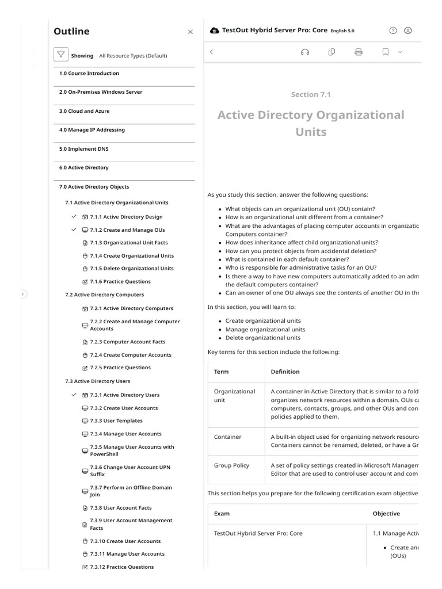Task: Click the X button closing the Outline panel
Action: click(x=190, y=32)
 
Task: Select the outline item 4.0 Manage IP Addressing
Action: click(x=92, y=130)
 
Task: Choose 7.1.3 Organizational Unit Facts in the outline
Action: click(x=129, y=243)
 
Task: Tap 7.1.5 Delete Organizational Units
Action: click(x=131, y=269)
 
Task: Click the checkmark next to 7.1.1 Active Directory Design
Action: click(x=74, y=217)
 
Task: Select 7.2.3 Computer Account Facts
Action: click(x=127, y=342)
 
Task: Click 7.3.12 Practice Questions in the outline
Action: click(x=121, y=567)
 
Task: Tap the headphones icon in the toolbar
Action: click(x=305, y=52)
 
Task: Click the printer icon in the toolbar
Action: click(x=359, y=52)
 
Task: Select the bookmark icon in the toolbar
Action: click(x=386, y=52)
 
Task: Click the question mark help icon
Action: click(x=393, y=30)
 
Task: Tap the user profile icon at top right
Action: click(x=408, y=30)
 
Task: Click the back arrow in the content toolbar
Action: click(x=211, y=52)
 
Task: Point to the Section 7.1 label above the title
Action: click(x=311, y=95)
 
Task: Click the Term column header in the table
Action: click(x=222, y=372)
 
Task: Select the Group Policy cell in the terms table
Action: click(x=232, y=465)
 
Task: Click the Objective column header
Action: click(x=386, y=514)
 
